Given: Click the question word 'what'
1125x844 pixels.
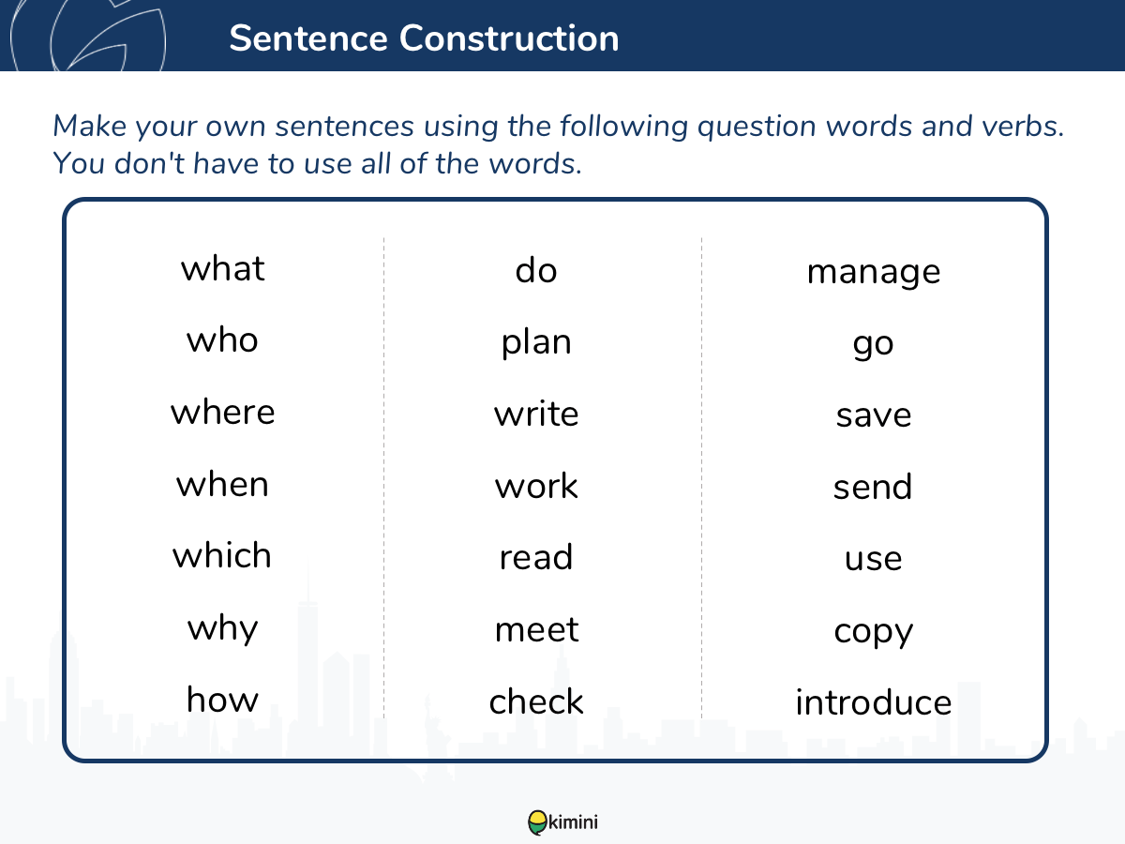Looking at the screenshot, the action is point(222,268).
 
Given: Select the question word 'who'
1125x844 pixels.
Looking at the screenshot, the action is point(222,339).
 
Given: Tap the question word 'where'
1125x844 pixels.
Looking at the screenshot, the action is point(222,412).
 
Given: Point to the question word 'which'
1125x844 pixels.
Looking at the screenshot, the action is point(222,555).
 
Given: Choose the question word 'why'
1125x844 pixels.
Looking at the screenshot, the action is point(222,629).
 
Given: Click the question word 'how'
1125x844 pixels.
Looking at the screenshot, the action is point(222,699).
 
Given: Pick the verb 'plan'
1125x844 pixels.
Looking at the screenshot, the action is point(536,343).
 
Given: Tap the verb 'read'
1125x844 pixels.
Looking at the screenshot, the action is point(536,556).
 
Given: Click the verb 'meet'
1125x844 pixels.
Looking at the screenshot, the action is point(536,629).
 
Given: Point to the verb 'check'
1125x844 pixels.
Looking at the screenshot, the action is point(536,701).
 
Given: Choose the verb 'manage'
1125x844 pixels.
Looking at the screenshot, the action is point(874,272).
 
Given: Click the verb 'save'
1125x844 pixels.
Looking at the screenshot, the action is point(874,415).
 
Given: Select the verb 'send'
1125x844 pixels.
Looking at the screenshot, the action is point(873,486).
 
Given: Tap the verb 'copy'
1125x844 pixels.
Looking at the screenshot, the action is point(874,632).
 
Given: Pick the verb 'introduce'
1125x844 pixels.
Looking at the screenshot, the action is point(874,701).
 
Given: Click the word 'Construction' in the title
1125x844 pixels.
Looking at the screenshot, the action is point(509,38).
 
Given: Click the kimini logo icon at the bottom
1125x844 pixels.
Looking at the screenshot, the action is point(537,822).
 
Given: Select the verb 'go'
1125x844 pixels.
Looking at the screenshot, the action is point(874,345).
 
